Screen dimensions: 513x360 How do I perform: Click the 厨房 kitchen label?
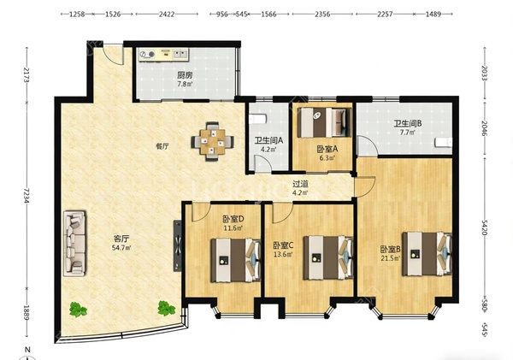[x=185, y=75]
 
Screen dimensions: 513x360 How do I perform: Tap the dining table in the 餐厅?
[x=213, y=141]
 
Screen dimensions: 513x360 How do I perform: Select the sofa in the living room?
[x=75, y=243]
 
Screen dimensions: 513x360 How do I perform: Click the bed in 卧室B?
[x=427, y=254]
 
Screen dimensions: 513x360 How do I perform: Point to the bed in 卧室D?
[x=236, y=260]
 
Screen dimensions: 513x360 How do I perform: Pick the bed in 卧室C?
[x=328, y=257]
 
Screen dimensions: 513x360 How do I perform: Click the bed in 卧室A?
[x=324, y=122]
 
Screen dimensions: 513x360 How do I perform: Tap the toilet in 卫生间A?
[x=256, y=119]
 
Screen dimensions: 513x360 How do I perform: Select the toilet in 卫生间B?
[x=443, y=143]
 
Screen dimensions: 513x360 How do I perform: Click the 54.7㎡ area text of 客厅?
[x=121, y=248]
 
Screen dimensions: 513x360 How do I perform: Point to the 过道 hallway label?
[x=300, y=184]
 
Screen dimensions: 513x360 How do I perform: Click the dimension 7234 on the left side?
[x=27, y=195]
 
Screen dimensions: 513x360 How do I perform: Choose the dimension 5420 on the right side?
[x=485, y=227]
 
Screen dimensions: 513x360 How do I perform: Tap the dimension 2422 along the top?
[x=167, y=14]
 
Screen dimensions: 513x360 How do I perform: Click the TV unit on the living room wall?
[x=177, y=245]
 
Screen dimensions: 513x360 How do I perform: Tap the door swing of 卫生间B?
[x=367, y=145]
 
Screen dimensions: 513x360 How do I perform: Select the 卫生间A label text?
[x=269, y=141]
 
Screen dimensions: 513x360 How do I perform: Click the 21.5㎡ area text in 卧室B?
[x=391, y=258]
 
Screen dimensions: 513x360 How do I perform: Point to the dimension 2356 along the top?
[x=322, y=14]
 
